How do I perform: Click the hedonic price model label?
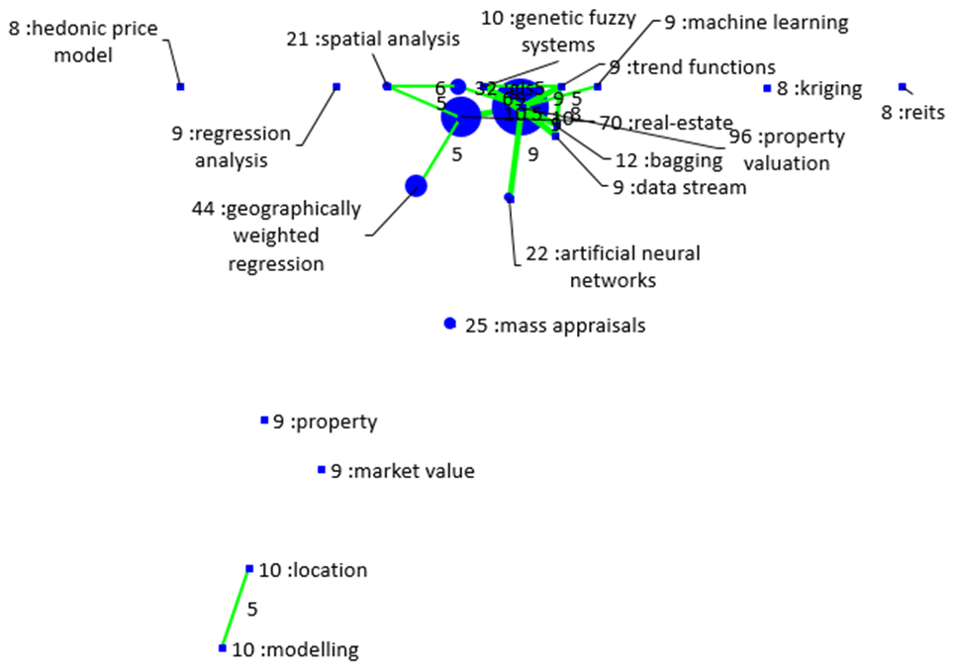pos(83,43)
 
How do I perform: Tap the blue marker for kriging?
pos(767,89)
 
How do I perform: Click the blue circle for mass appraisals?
pos(450,324)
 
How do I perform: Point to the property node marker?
pos(264,421)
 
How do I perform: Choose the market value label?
pos(402,471)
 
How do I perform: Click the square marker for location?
pos(249,569)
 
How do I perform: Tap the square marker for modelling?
pos(223,648)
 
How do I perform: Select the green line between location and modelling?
pos(236,609)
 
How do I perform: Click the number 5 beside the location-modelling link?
pos(252,610)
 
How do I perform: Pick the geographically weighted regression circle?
pos(417,185)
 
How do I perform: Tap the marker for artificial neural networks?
pos(510,199)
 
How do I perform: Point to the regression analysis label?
pos(231,146)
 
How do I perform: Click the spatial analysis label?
pos(373,40)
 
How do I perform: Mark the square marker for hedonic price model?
pos(180,87)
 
